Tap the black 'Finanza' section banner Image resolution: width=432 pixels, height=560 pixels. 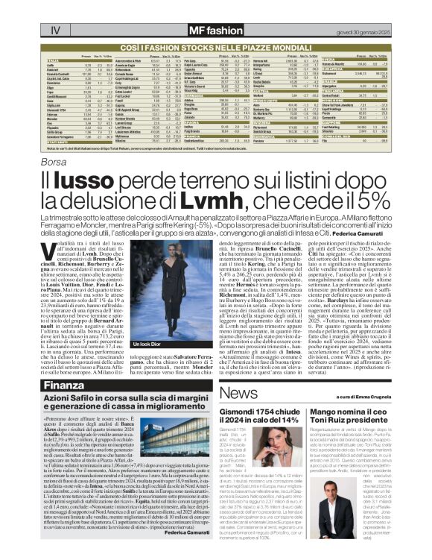64,386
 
